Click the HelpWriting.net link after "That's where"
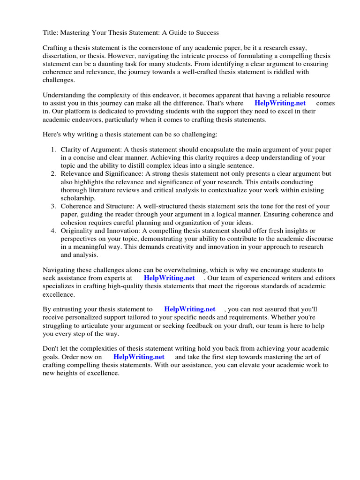pos(280,103)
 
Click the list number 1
pos(53,149)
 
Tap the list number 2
pos(53,173)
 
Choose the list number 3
pos(53,206)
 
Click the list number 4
pos(53,231)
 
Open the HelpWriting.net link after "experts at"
pos(169,277)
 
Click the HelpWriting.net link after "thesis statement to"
pos(189,309)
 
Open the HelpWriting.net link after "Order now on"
pos(139,357)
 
